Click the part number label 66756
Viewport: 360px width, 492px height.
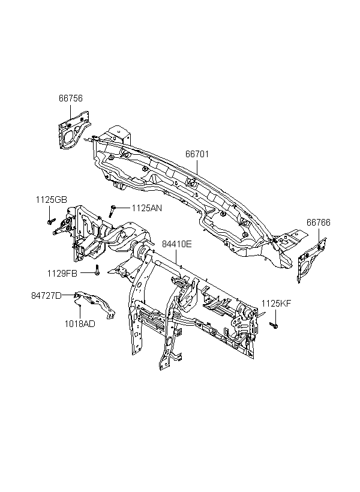point(71,98)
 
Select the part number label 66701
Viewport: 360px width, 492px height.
point(197,154)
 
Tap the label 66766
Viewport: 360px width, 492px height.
point(319,223)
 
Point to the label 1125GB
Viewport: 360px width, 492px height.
point(51,200)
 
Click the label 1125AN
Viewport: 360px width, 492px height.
point(147,208)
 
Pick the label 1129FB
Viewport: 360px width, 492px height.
point(62,273)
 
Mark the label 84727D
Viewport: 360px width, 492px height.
point(46,296)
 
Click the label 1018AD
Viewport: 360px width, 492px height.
point(80,324)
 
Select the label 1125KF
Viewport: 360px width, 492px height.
point(276,304)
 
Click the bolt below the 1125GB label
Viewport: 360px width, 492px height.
point(51,221)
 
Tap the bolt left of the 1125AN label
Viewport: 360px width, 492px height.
point(112,211)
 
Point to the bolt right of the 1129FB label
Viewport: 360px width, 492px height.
point(97,270)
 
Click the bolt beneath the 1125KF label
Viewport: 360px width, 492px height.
point(274,325)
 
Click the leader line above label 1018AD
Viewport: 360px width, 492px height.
point(80,312)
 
